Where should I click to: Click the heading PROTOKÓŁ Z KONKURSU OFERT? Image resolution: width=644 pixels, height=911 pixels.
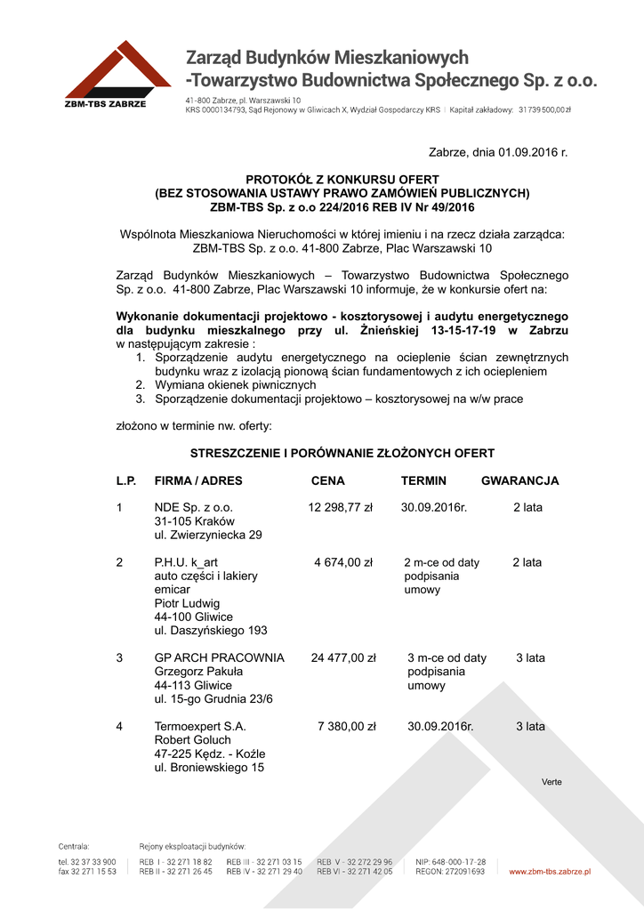tap(342, 180)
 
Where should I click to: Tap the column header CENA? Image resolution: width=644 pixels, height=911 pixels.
tap(327, 481)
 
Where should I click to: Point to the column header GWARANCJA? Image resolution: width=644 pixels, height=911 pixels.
tap(519, 481)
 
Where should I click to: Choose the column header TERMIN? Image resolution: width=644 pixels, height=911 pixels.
tap(423, 481)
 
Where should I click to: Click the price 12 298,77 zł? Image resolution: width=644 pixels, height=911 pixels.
tap(341, 507)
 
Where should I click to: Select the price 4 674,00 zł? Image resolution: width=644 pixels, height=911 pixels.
tap(343, 562)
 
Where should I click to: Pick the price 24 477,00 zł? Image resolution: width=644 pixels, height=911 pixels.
tap(343, 658)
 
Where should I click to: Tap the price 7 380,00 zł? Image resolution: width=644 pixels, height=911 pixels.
tap(346, 727)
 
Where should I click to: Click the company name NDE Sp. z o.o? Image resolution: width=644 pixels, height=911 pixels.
tap(193, 507)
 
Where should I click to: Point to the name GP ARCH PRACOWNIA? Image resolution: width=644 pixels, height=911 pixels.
tap(220, 658)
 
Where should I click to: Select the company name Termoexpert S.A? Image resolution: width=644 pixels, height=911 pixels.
tap(200, 727)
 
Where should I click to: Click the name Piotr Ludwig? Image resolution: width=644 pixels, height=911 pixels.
tap(186, 603)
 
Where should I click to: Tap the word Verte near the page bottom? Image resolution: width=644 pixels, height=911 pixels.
tap(551, 782)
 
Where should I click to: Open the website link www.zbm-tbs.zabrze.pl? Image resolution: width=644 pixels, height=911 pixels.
tap(550, 872)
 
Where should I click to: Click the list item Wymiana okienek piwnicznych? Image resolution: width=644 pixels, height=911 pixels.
tap(236, 385)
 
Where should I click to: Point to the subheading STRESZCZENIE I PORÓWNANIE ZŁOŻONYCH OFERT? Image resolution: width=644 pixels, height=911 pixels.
tap(342, 453)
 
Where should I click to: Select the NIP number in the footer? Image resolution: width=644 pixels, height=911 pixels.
tap(451, 862)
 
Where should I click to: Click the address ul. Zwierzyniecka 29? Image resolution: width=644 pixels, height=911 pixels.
tap(208, 535)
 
